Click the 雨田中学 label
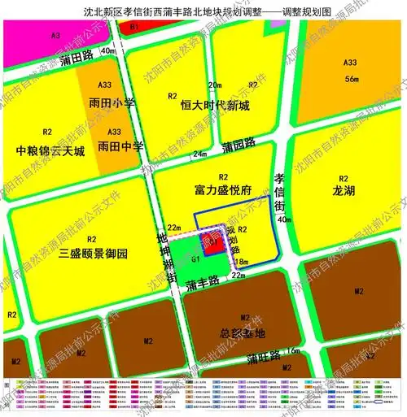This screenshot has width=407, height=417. click(x=120, y=147)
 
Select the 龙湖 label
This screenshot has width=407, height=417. click(x=344, y=190)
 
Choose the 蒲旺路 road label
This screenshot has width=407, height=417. click(x=265, y=358)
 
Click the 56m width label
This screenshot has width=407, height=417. click(x=352, y=79)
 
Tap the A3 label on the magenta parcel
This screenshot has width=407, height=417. click(x=55, y=36)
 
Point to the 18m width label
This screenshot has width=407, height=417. click(x=242, y=263)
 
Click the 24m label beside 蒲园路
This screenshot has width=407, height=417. click(x=199, y=154)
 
